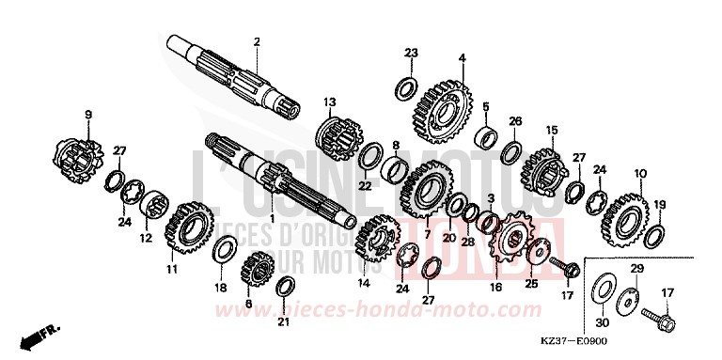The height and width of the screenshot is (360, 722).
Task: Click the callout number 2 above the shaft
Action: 256,40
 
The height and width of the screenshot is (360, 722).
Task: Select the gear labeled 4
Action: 440,101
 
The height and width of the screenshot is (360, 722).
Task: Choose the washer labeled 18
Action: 224,251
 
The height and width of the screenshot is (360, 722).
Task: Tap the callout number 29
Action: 637,270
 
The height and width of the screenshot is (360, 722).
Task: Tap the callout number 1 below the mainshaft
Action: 273,219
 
